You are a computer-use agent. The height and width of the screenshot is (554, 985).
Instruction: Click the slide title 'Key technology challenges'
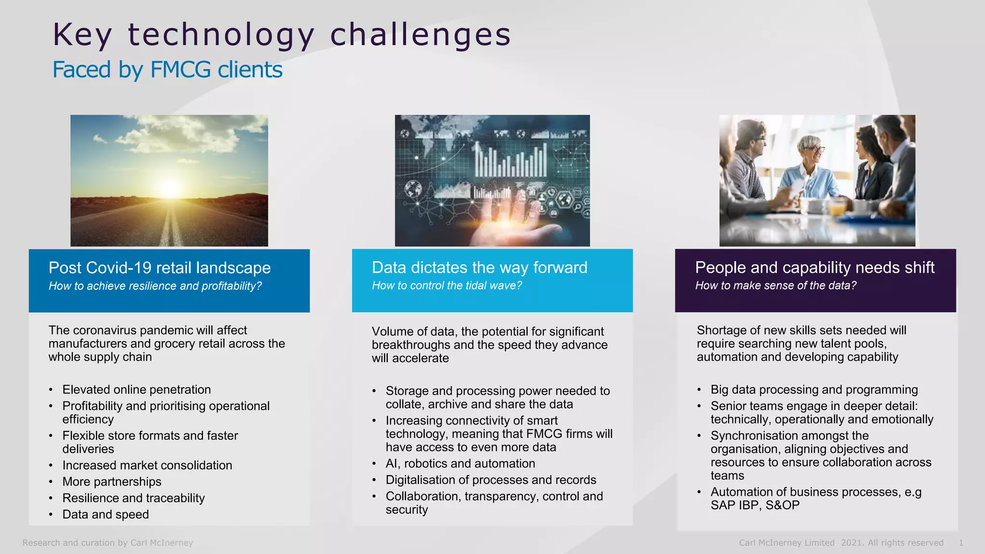coord(281,35)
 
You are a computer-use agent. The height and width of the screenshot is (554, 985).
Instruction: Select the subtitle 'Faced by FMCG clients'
coord(167,70)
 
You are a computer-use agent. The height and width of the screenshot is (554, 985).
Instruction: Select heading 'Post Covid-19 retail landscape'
coord(159,268)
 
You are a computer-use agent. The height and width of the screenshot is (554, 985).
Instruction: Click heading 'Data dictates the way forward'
coord(479,267)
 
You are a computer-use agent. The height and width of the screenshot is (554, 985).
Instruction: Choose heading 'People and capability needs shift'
coord(814,267)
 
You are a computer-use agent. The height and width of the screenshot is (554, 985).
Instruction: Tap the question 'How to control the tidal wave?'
coord(446,286)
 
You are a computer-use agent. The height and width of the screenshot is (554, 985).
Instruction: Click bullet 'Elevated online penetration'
coord(137,390)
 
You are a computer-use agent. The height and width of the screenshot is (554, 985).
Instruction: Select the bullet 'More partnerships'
coord(112,482)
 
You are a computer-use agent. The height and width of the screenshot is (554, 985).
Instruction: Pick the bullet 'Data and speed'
coord(105,515)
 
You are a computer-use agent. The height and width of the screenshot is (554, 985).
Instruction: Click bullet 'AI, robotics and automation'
coord(460,464)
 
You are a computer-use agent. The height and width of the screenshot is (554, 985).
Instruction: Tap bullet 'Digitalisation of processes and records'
coord(491,480)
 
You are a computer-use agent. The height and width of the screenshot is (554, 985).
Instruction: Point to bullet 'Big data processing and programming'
coord(814,390)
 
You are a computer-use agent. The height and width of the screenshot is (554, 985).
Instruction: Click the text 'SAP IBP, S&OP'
coord(755,505)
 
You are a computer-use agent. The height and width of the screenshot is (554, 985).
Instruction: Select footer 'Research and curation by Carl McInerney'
coord(108,543)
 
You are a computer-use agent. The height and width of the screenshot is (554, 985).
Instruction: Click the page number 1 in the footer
coord(960,543)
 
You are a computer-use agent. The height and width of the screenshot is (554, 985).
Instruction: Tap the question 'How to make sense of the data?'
coord(775,286)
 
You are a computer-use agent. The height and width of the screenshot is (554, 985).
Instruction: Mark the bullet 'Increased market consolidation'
coord(147,466)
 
